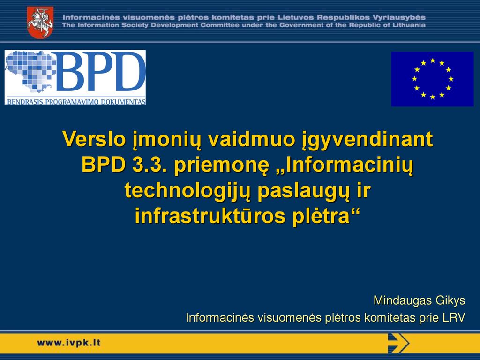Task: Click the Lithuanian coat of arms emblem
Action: click(40, 22)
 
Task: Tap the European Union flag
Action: click(432, 79)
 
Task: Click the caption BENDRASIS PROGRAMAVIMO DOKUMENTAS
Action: click(76, 102)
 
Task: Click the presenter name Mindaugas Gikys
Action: click(420, 300)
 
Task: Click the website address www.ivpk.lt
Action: click(68, 343)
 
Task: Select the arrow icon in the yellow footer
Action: click(398, 343)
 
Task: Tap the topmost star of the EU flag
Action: click(433, 60)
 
